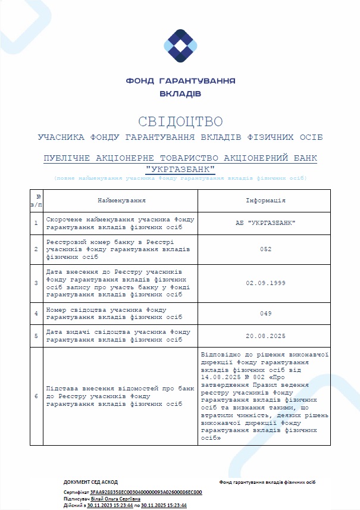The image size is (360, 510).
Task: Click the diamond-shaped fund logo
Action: [180, 46]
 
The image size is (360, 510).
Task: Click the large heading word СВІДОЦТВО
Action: [180, 122]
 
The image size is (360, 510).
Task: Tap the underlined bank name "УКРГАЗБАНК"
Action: [180, 170]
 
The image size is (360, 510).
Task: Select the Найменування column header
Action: [121, 201]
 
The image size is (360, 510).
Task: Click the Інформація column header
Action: [265, 201]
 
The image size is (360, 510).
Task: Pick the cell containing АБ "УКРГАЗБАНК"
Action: [265, 223]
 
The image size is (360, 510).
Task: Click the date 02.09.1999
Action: [265, 283]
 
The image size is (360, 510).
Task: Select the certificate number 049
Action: [265, 313]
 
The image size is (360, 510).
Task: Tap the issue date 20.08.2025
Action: [265, 336]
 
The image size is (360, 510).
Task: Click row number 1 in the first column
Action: [36, 223]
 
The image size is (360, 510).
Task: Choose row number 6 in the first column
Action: [36, 396]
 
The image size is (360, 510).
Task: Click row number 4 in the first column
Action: [36, 313]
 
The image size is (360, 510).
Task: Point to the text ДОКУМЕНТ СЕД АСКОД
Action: [90, 482]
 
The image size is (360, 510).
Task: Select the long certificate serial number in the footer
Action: [146, 493]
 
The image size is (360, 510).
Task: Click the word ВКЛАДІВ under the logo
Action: [180, 93]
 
